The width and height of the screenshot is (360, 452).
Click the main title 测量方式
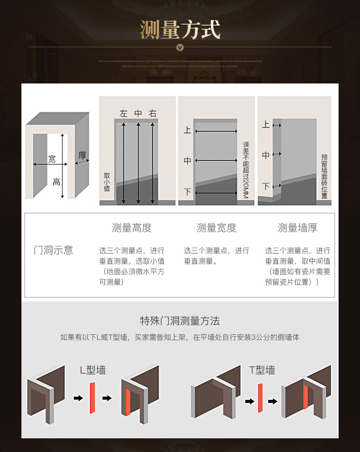click(180, 30)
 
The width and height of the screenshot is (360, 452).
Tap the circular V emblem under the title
click(180, 47)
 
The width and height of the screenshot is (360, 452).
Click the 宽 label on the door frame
click(52, 159)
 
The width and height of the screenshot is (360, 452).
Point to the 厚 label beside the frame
click(82, 156)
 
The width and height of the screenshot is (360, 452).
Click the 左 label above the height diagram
click(123, 114)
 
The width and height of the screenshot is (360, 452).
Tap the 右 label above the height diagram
click(153, 114)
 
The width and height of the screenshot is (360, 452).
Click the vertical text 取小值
click(107, 182)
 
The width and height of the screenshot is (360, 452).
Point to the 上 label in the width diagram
click(187, 130)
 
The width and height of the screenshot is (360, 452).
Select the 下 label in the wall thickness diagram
click(266, 187)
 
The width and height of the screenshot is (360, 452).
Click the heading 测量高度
click(132, 228)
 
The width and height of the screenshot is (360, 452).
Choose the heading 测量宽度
click(216, 228)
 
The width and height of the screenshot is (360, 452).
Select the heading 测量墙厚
click(298, 228)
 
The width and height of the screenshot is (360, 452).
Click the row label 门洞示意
click(53, 250)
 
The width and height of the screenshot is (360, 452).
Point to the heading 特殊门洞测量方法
click(180, 321)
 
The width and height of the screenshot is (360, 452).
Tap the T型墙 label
click(262, 369)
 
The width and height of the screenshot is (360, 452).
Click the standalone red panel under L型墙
click(92, 398)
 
